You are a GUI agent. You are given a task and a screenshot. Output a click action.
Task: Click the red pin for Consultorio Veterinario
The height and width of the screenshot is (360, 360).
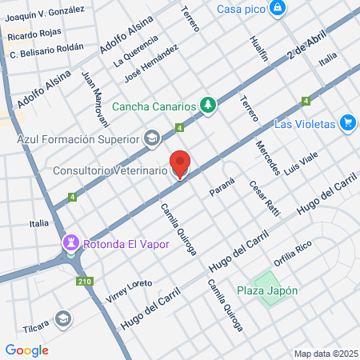tap(180, 165)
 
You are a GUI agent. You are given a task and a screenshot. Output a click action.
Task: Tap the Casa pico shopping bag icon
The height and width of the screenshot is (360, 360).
tap(277, 9)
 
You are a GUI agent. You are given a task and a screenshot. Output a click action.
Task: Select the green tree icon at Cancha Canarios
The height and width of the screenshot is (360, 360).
tap(208, 105)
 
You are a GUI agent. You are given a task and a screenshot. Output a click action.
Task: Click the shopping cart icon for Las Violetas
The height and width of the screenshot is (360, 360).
tap(347, 123)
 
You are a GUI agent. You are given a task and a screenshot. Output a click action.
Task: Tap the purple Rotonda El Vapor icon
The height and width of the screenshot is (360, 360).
tap(72, 243)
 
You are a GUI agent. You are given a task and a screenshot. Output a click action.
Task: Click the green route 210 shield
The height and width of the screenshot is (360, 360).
tap(83, 281)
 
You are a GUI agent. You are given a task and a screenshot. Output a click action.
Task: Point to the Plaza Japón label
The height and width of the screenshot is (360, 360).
tap(268, 290)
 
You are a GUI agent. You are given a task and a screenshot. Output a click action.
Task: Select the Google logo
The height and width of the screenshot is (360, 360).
tap(26, 350)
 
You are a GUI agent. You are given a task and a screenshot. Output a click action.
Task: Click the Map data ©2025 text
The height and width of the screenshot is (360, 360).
tap(325, 354)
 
